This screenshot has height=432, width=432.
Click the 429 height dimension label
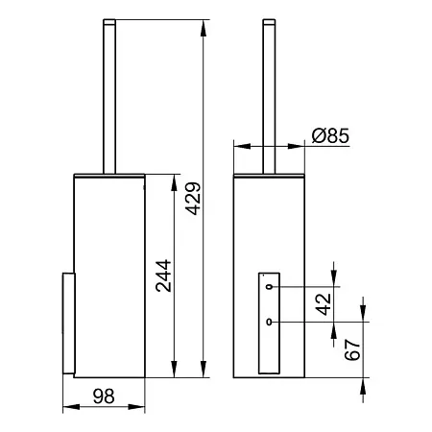[x=194, y=199]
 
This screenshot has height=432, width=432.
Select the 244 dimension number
[x=163, y=276]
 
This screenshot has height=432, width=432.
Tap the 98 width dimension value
[x=104, y=396]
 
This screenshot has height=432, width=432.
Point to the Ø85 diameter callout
[x=330, y=135]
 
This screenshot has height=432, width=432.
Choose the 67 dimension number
[x=352, y=349]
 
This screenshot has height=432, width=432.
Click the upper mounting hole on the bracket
[x=270, y=287]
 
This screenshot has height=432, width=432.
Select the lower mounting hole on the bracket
[x=270, y=322]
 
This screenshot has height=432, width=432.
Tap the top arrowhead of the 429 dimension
[x=203, y=28]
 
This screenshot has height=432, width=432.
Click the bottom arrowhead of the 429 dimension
[x=203, y=369]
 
